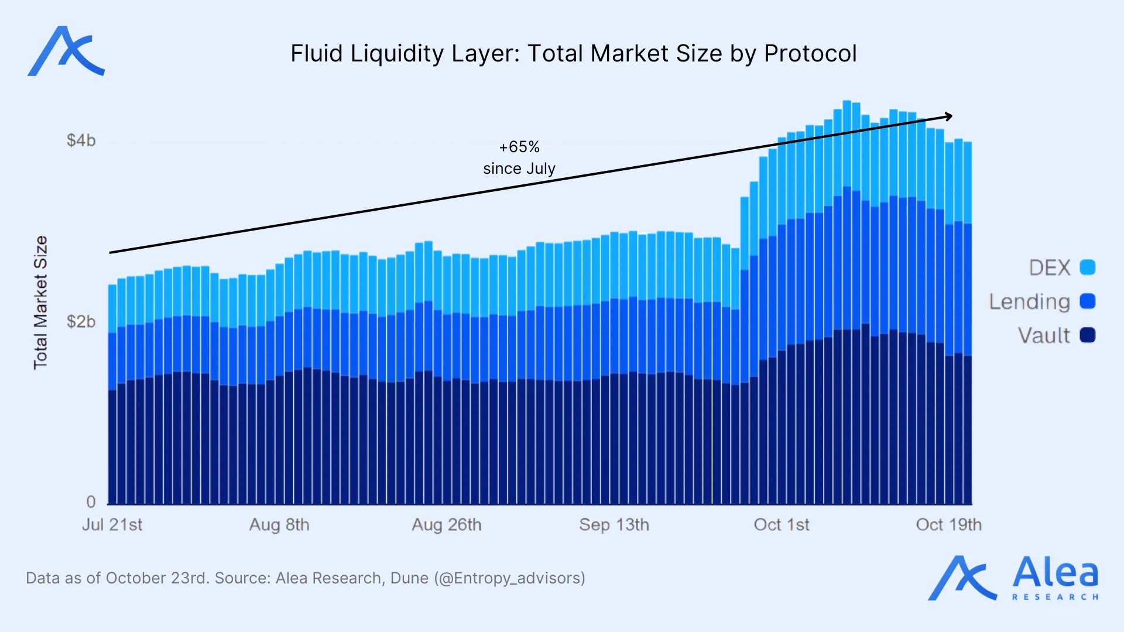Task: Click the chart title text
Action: [x=573, y=54]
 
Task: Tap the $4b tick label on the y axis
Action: [x=81, y=140]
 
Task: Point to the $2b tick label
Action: [x=81, y=321]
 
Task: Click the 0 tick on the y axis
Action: [x=91, y=502]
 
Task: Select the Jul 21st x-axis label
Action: [x=112, y=524]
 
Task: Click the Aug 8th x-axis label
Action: [x=279, y=524]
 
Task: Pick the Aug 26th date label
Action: [x=447, y=524]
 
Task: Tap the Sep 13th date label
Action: [x=614, y=524]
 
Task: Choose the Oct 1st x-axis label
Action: [x=782, y=524]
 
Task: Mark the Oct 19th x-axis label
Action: [x=948, y=524]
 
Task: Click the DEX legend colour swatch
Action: [x=1087, y=267]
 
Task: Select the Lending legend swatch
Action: [x=1087, y=301]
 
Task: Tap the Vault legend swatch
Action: [x=1087, y=335]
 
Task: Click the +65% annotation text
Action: [x=519, y=147]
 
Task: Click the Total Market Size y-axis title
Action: [x=40, y=303]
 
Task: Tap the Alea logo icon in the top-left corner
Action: [x=66, y=51]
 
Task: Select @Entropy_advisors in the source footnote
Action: [x=509, y=578]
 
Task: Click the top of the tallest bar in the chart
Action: [x=847, y=102]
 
